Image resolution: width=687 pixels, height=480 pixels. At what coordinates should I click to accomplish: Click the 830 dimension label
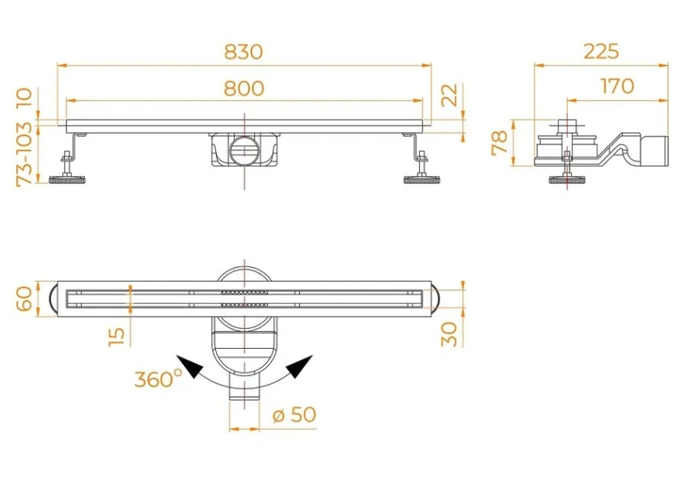coord(243,52)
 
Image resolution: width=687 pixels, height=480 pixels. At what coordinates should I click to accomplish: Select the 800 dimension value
coord(243,88)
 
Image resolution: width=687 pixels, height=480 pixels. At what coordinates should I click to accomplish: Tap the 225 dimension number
coord(601,52)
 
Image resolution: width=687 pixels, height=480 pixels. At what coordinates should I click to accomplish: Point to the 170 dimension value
coord(617,86)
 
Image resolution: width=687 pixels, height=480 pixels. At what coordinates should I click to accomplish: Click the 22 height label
coord(450,95)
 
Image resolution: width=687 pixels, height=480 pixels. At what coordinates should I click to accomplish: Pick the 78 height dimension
coord(500,143)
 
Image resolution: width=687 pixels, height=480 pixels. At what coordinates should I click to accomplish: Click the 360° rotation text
coord(158,378)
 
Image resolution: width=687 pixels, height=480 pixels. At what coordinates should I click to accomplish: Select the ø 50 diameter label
coord(294,414)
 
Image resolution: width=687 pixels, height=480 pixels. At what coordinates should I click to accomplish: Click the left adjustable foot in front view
coord(68,178)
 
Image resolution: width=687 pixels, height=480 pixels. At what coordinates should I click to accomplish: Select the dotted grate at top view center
coord(243,298)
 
